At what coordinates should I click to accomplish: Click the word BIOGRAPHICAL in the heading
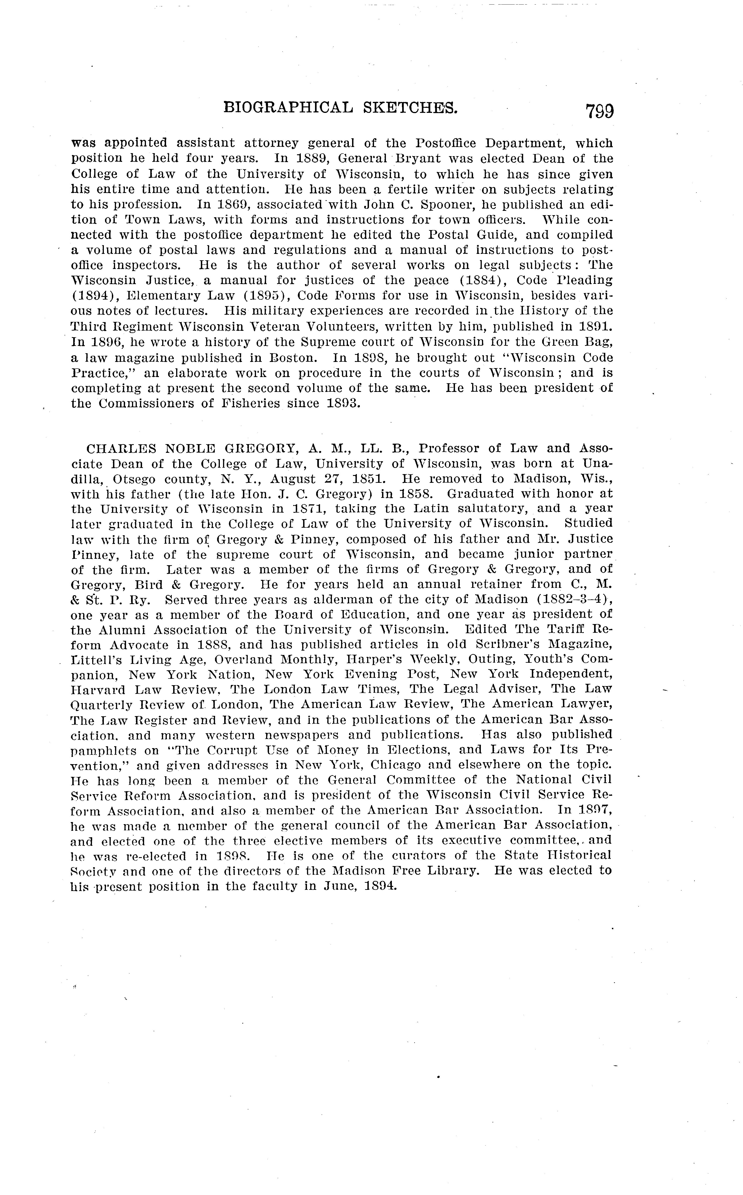click(288, 107)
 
